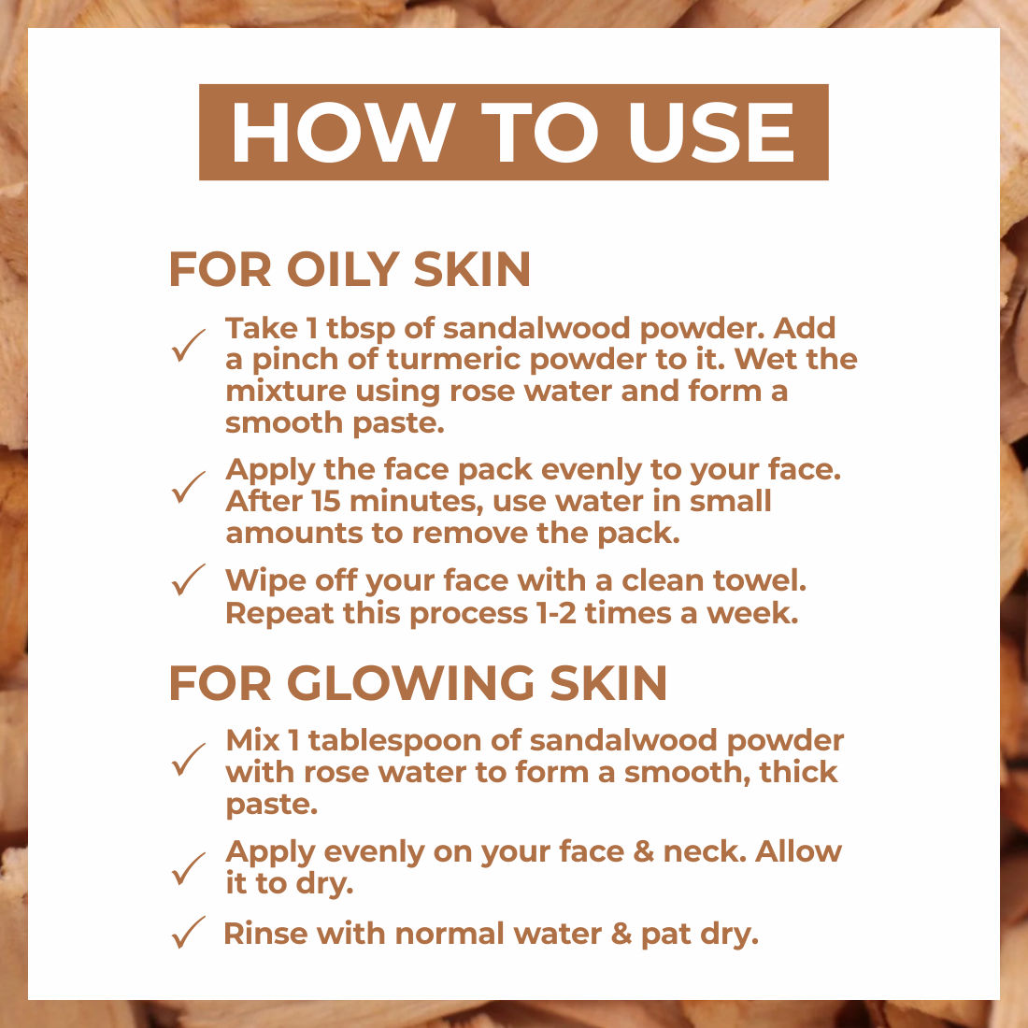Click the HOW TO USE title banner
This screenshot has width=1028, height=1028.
(513, 132)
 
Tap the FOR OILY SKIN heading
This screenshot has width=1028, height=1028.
(350, 269)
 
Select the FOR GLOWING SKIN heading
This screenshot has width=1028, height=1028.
(419, 683)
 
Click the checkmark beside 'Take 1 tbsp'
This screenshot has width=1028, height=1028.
(189, 346)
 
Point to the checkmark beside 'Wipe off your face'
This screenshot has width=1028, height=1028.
(189, 579)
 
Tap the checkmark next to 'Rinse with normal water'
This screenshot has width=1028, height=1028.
(189, 933)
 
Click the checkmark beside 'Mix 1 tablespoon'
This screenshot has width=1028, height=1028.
(189, 760)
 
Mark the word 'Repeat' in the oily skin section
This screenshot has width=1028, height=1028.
(280, 614)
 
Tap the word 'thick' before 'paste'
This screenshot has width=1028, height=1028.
(798, 772)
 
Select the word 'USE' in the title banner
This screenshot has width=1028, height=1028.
(711, 132)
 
